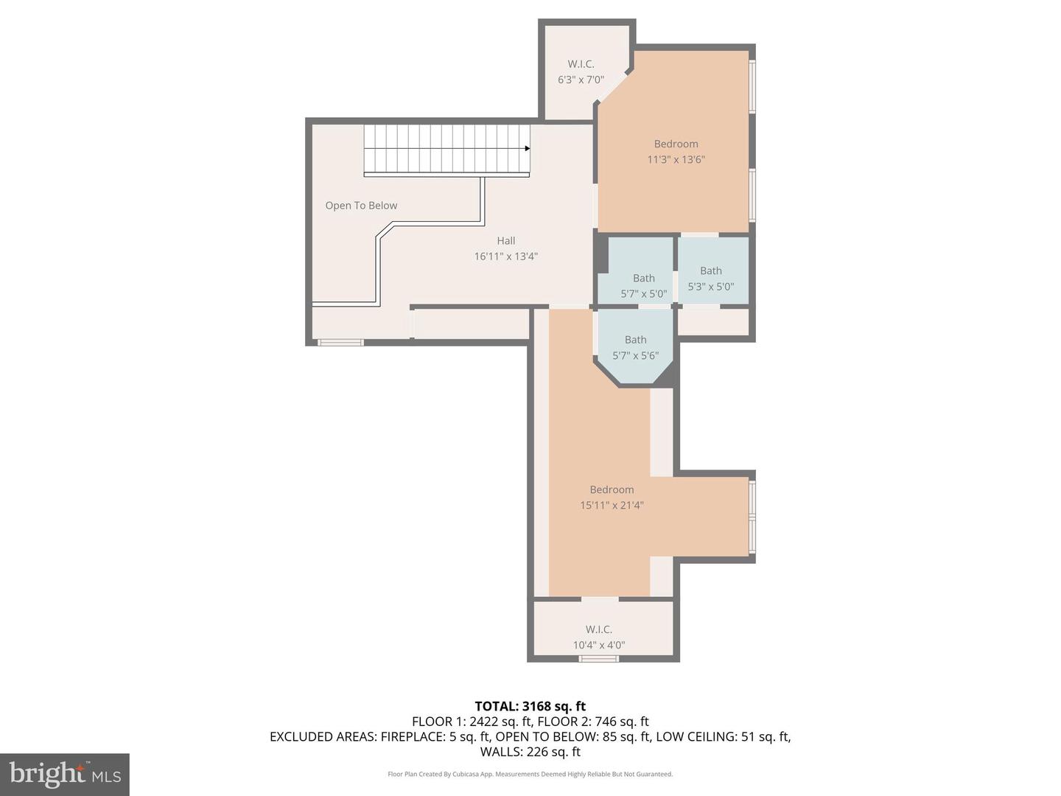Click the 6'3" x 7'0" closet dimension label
click(x=581, y=80)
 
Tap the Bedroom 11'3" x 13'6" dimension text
click(x=676, y=159)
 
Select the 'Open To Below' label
click(x=361, y=206)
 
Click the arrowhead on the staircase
click(x=527, y=148)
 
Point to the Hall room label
click(x=505, y=241)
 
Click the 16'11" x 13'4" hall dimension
click(x=505, y=256)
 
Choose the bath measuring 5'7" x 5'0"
click(x=643, y=286)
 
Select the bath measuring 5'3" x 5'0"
click(x=710, y=279)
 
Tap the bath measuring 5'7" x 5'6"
click(x=635, y=348)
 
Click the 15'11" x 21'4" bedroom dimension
click(x=612, y=506)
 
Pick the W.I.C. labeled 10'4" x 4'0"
click(x=598, y=637)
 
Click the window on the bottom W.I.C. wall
click(x=598, y=658)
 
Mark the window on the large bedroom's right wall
click(x=752, y=517)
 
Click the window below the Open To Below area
click(x=340, y=342)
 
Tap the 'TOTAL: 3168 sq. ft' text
click(x=530, y=706)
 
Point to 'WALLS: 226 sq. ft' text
click(x=530, y=752)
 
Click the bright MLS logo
click(x=65, y=774)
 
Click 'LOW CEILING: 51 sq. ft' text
click(x=723, y=736)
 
